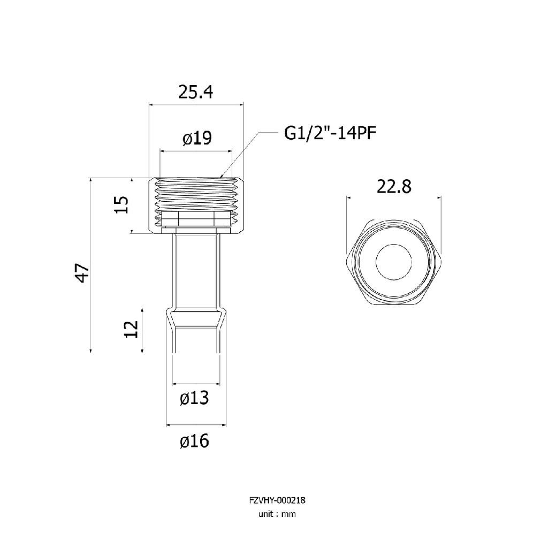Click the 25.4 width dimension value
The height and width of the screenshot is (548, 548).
click(x=196, y=92)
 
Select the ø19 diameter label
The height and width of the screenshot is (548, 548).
click(x=197, y=139)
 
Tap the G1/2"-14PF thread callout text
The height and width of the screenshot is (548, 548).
click(x=330, y=133)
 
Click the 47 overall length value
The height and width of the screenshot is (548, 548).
click(x=83, y=273)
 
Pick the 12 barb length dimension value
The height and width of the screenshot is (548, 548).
click(x=132, y=329)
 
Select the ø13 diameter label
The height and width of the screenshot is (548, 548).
click(x=194, y=398)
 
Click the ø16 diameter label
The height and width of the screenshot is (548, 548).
click(x=194, y=441)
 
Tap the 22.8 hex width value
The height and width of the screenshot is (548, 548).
click(x=394, y=187)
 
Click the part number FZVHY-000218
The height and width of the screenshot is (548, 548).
click(x=277, y=500)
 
